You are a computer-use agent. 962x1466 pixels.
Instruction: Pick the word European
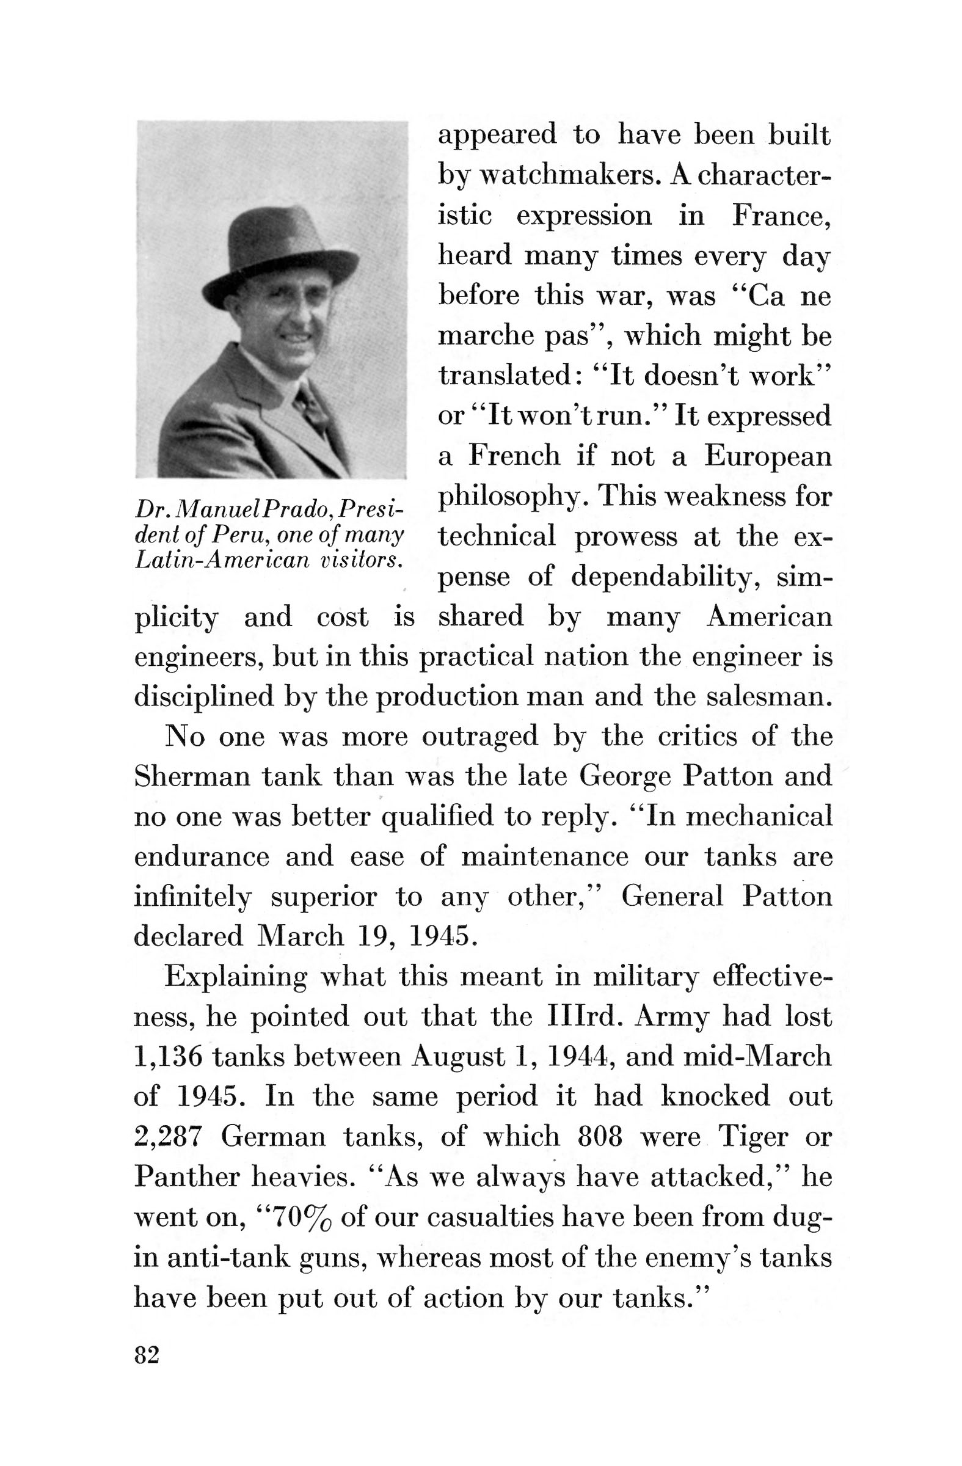767,456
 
